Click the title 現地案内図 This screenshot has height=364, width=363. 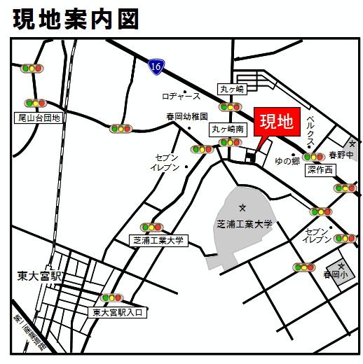pyautogui.click(x=76, y=19)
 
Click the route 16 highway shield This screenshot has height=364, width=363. pyautogui.click(x=156, y=65)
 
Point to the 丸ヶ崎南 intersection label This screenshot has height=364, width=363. pyautogui.click(x=228, y=129)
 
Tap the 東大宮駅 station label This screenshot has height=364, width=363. pyautogui.click(x=40, y=276)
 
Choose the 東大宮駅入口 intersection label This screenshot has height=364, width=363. pyautogui.click(x=117, y=312)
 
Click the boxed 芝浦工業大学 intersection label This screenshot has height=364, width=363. pyautogui.click(x=158, y=240)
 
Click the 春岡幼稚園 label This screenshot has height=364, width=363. pyautogui.click(x=187, y=117)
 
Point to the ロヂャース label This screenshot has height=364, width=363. pyautogui.click(x=181, y=96)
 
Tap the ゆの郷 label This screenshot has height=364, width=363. pyautogui.click(x=287, y=160)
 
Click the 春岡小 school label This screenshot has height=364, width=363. pyautogui.click(x=335, y=276)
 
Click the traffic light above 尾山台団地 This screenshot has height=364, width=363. pyautogui.click(x=34, y=103)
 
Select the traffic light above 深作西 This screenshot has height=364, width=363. pyautogui.click(x=313, y=157)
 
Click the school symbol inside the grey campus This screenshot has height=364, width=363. pyautogui.click(x=243, y=207)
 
